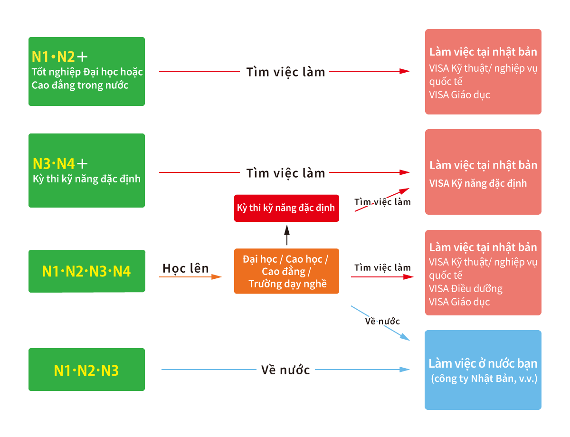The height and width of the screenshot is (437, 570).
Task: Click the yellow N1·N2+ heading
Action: [x=59, y=57]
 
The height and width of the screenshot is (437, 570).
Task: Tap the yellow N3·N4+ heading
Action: [x=60, y=164]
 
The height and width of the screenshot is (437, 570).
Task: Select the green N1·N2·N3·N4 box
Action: [x=86, y=271]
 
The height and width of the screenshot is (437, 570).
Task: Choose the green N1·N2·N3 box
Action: [x=86, y=370]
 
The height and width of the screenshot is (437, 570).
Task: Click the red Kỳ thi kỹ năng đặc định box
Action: [x=286, y=208]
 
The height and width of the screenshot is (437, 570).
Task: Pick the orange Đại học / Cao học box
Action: [x=286, y=271]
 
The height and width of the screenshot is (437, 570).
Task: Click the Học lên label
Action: [x=185, y=268]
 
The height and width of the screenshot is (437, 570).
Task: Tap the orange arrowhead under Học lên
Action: [x=217, y=277]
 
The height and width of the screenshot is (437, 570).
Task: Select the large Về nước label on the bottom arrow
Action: [x=285, y=370]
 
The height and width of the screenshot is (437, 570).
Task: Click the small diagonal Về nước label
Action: [x=382, y=321]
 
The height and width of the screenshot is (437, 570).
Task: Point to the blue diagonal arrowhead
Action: [x=405, y=337]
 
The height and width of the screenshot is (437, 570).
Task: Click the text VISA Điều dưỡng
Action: [x=465, y=288]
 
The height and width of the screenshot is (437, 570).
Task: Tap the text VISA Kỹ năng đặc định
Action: [x=478, y=183]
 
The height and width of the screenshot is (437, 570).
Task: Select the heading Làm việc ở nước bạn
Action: [x=483, y=363]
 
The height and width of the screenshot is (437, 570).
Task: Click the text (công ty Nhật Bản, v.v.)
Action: [x=484, y=379]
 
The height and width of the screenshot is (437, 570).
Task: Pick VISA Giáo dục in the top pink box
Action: [x=459, y=95]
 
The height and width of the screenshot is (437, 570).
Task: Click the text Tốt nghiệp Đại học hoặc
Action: [x=87, y=72]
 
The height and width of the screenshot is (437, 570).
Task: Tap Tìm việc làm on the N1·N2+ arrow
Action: [x=285, y=72]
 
